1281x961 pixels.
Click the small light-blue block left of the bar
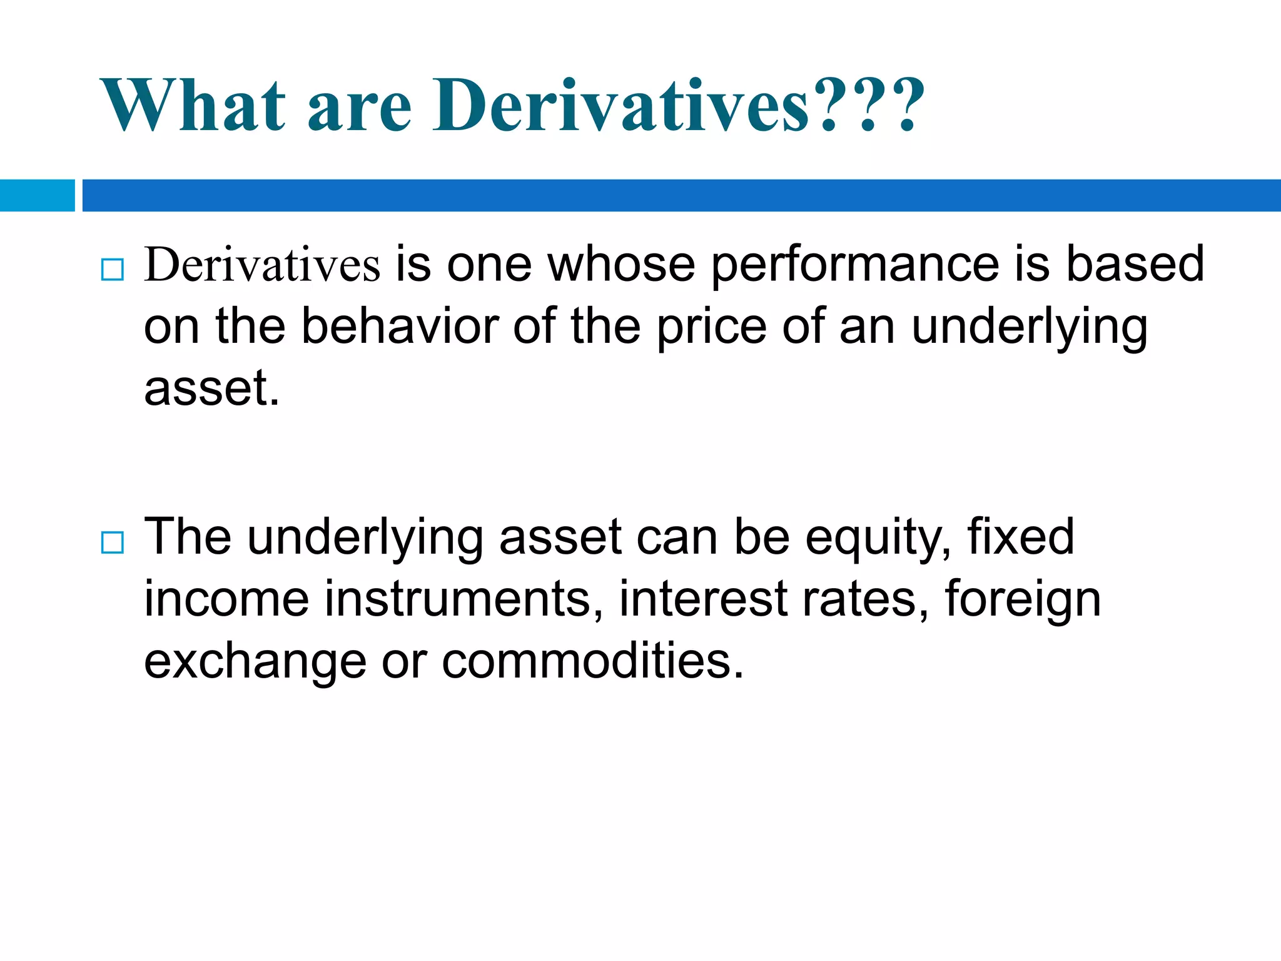[x=37, y=195]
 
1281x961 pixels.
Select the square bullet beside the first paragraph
[x=113, y=270]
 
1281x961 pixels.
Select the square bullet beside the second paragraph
[x=113, y=542]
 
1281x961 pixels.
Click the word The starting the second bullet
[x=188, y=537]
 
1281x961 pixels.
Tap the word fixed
[x=1020, y=537]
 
